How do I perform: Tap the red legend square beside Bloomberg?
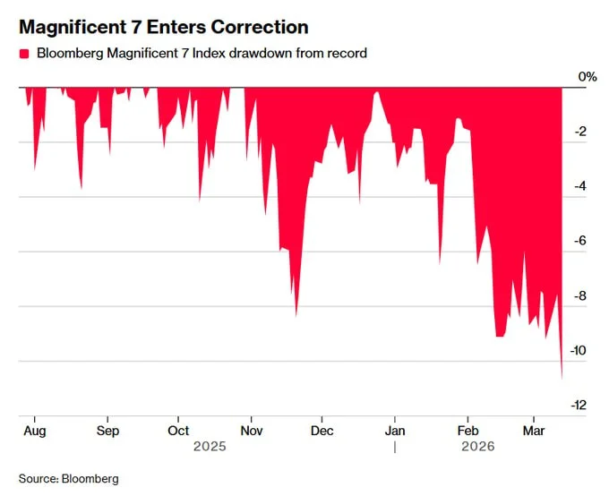click(x=24, y=54)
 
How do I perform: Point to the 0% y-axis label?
click(x=587, y=77)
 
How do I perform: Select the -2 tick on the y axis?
click(x=580, y=132)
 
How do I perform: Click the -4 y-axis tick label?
click(x=580, y=186)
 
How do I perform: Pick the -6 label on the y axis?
click(x=580, y=241)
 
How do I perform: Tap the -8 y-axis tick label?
click(x=580, y=295)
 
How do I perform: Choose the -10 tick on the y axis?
click(x=578, y=350)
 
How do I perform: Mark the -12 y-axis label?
click(x=578, y=405)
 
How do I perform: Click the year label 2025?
click(x=210, y=445)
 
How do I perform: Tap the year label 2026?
click(x=477, y=445)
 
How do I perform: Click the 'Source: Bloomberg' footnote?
click(x=68, y=478)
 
